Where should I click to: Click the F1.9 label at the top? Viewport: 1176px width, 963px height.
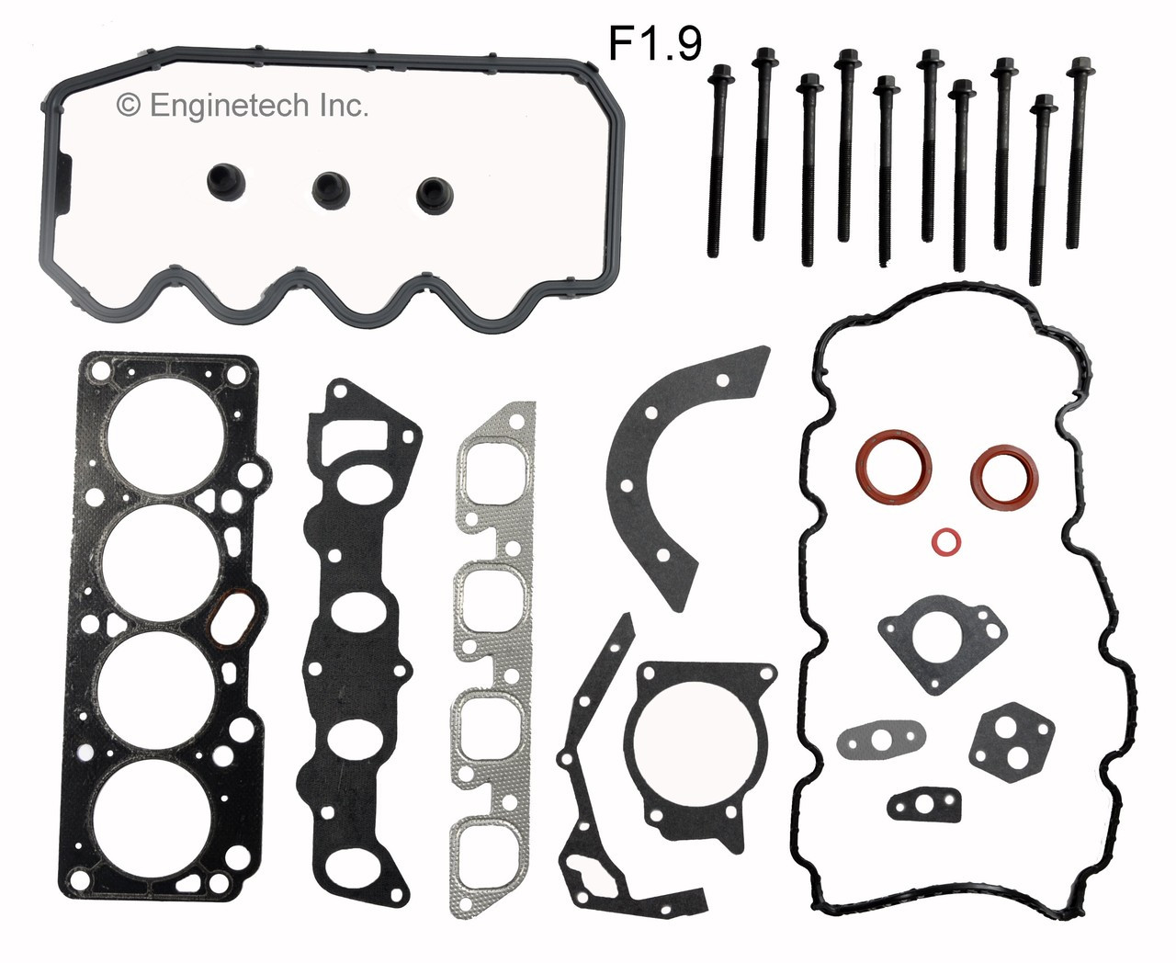pyautogui.click(x=655, y=42)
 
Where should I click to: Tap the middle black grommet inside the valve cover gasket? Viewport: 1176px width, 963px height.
pyautogui.click(x=327, y=187)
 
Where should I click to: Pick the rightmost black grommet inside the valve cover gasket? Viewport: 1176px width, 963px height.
pyautogui.click(x=429, y=190)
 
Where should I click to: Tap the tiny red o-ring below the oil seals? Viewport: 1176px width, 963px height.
pyautogui.click(x=944, y=542)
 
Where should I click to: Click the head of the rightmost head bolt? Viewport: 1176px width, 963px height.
pyautogui.click(x=1077, y=65)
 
